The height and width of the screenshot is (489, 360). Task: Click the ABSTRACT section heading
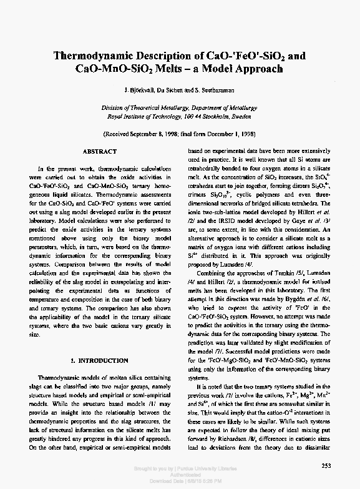[99, 152]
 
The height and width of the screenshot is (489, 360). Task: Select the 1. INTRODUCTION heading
[100, 361]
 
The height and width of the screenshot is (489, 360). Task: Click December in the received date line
[223, 134]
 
